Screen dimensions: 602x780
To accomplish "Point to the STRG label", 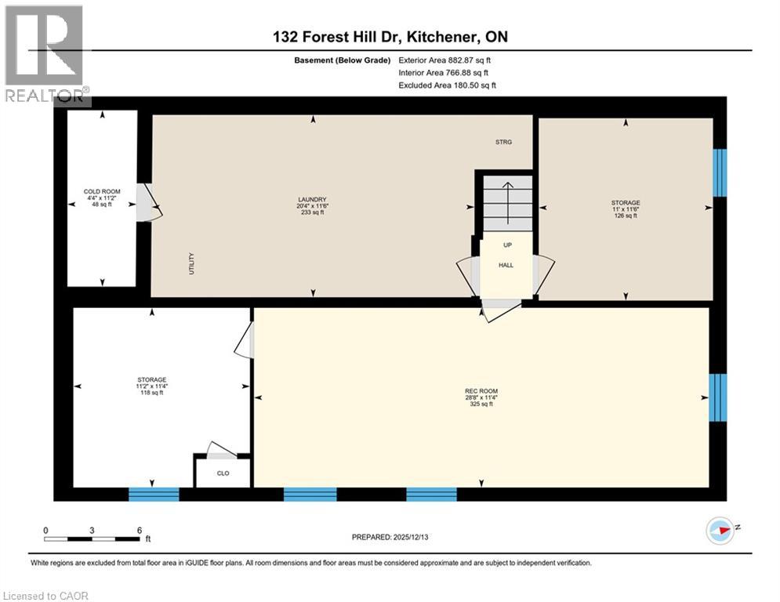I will [503, 142].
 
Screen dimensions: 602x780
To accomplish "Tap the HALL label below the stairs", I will [506, 265].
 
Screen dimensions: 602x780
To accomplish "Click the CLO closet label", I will [223, 473].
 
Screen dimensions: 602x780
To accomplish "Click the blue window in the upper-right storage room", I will [720, 172].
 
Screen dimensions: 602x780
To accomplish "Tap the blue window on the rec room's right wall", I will [717, 397].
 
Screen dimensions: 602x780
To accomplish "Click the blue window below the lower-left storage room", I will [154, 494].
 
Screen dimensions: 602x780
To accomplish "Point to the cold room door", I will [146, 202].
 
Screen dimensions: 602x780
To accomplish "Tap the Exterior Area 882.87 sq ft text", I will [444, 60].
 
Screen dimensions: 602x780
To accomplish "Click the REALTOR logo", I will [45, 55].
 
